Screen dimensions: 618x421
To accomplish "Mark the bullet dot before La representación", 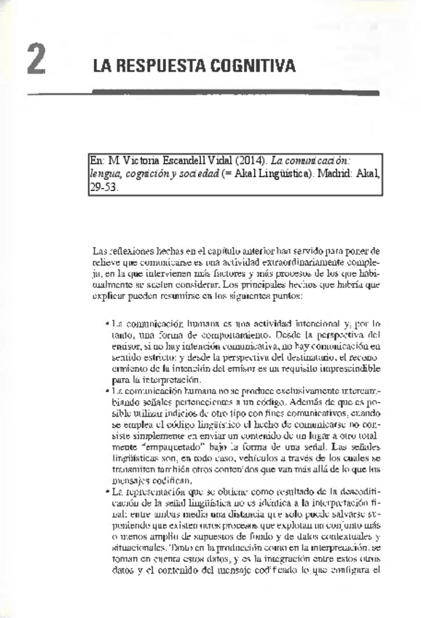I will point(107,493).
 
